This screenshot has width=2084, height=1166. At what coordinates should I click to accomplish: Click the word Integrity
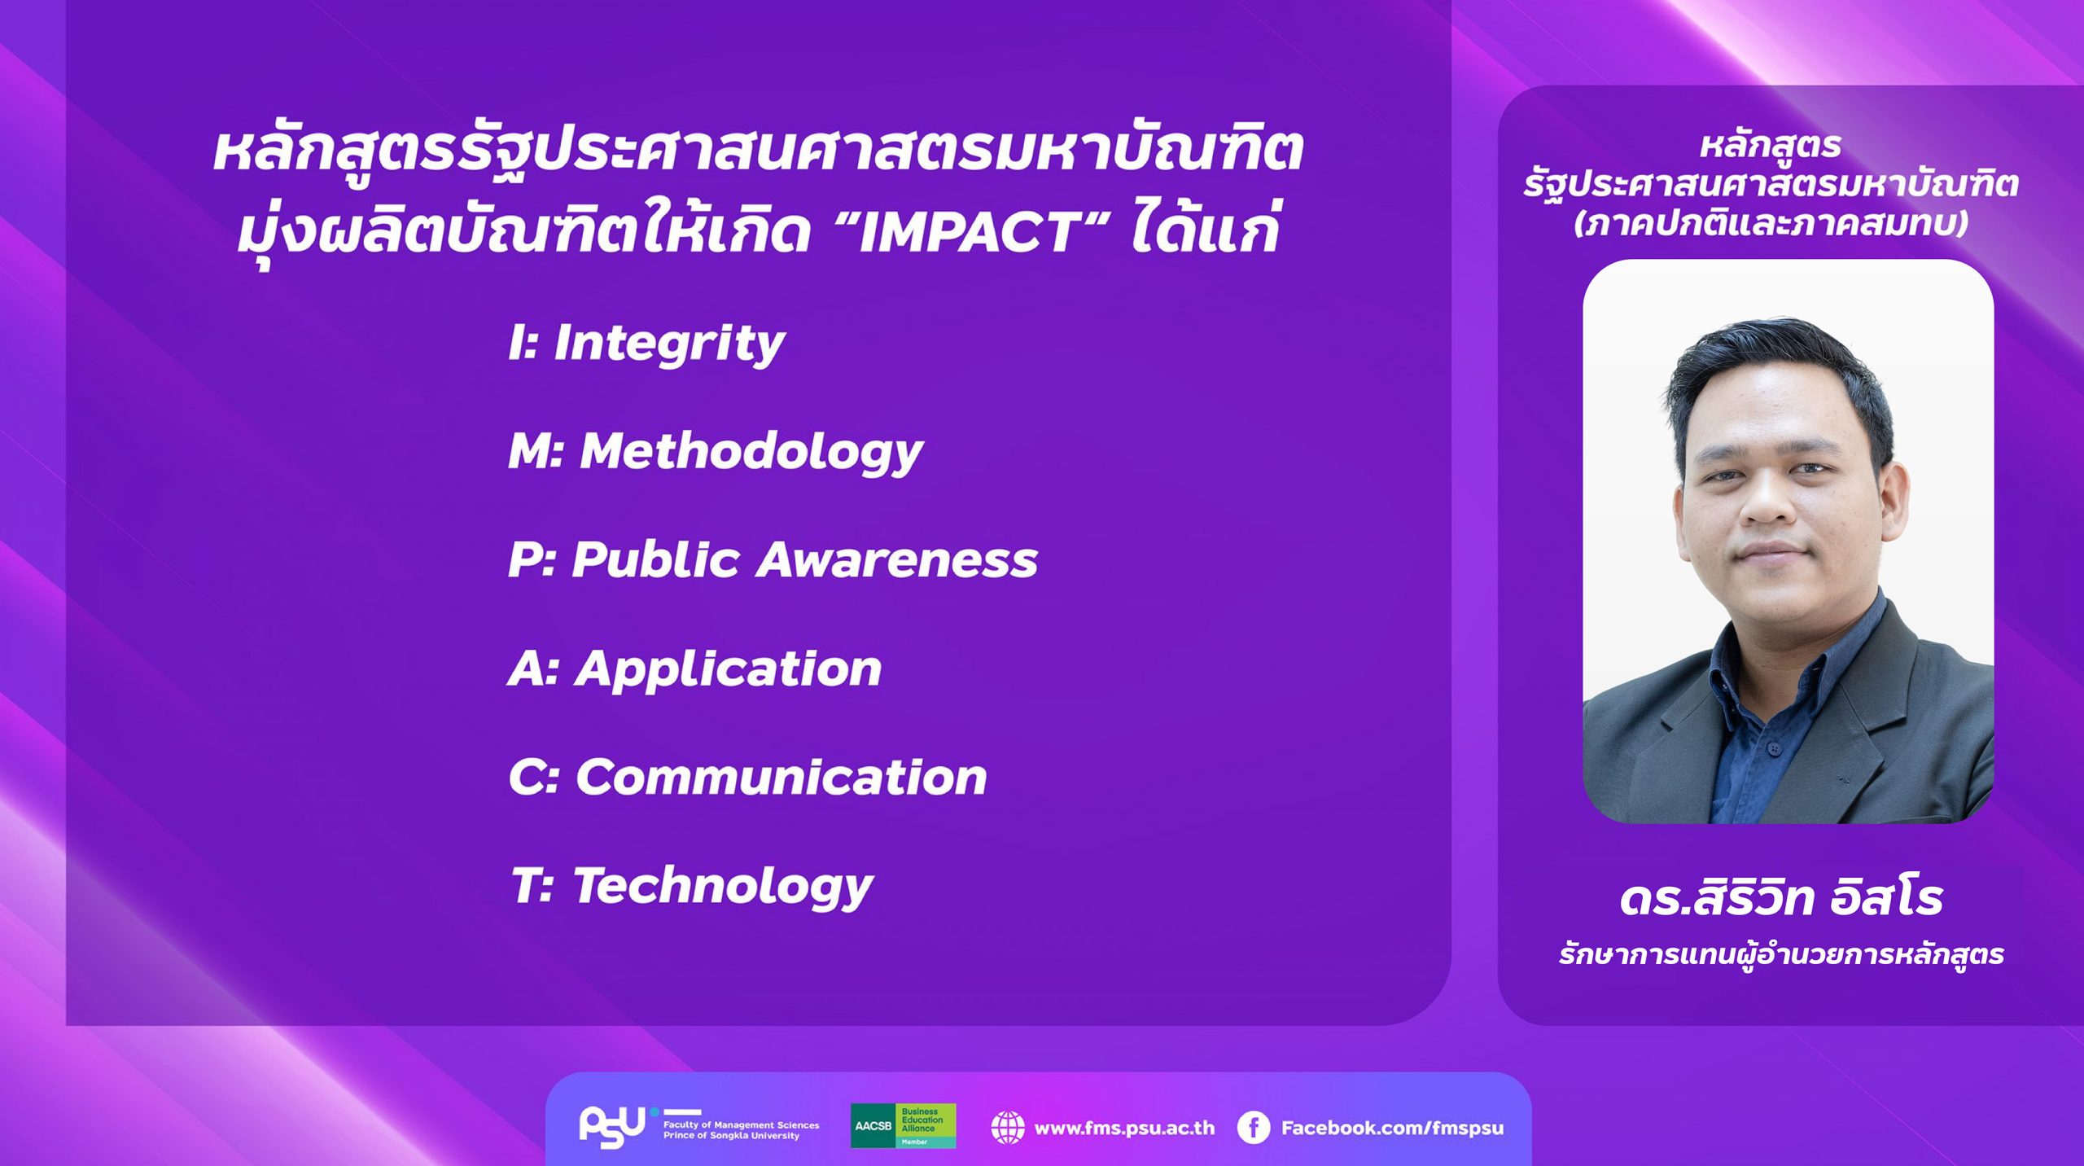tap(669, 343)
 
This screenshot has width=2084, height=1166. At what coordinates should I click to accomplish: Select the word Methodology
tap(751, 451)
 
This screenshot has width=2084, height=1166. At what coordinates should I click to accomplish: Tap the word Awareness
tap(897, 560)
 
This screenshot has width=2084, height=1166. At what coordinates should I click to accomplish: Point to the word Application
tap(728, 669)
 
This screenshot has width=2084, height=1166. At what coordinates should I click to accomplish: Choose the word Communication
tap(781, 778)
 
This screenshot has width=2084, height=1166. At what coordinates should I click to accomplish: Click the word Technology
tap(723, 886)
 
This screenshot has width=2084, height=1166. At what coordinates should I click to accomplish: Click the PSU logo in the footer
tap(613, 1126)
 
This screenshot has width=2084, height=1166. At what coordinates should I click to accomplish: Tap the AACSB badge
tap(903, 1126)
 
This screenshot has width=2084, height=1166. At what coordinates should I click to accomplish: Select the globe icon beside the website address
tap(1007, 1128)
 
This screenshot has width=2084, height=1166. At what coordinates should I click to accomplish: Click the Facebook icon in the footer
tap(1254, 1128)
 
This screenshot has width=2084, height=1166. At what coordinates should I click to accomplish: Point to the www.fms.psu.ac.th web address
tap(1124, 1128)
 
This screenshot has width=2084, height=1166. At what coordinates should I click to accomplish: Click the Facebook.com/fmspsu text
tap(1392, 1128)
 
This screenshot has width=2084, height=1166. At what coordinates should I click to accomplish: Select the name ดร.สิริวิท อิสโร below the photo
tap(1781, 899)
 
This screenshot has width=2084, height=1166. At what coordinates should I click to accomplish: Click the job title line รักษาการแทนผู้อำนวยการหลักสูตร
tap(1781, 954)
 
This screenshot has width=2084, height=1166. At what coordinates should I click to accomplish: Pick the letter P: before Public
tap(531, 560)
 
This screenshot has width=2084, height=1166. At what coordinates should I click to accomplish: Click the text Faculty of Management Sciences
tap(741, 1124)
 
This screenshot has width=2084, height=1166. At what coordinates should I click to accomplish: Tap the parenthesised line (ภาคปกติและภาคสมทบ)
tap(1771, 222)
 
